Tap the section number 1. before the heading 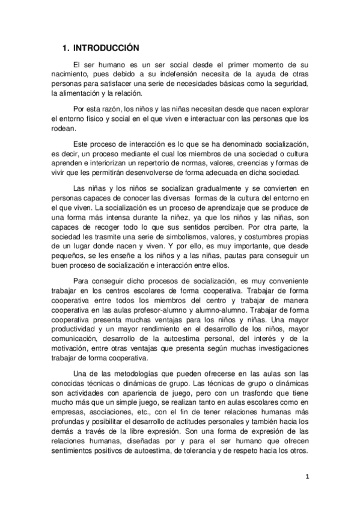pos(67,48)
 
